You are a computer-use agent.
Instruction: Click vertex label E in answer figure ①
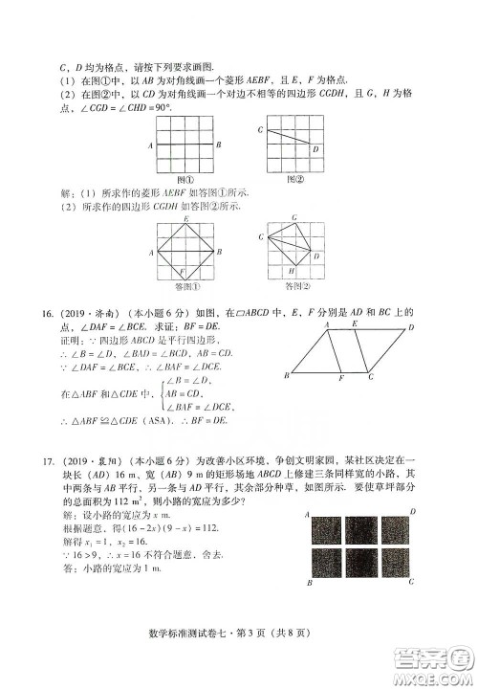click(x=185, y=217)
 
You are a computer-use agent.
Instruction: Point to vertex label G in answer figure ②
click(x=294, y=217)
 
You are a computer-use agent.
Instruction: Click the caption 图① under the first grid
click(x=186, y=180)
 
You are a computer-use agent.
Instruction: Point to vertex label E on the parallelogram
click(x=355, y=325)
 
